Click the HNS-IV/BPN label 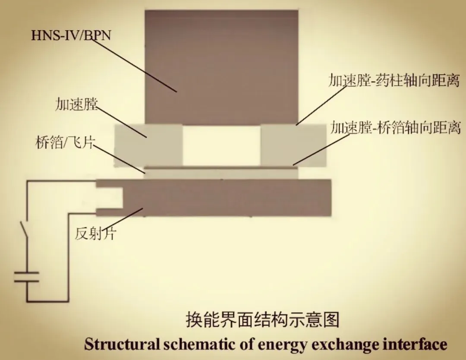pos(71,35)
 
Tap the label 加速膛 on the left pos(76,104)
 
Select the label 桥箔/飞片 pos(64,142)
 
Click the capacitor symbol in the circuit pos(27,277)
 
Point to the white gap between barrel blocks pos(221,145)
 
